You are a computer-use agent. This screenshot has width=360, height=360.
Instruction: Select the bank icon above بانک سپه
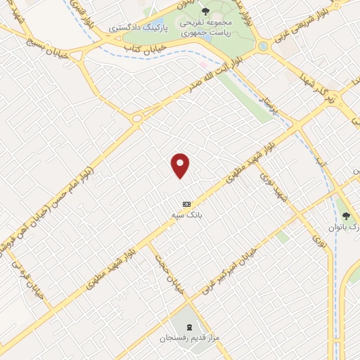(186, 202)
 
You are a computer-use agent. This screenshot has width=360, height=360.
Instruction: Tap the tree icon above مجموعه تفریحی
(205, 11)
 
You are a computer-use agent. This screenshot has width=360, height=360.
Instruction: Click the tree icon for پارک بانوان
(345, 215)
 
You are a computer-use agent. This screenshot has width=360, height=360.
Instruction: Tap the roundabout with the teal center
(263, 46)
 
